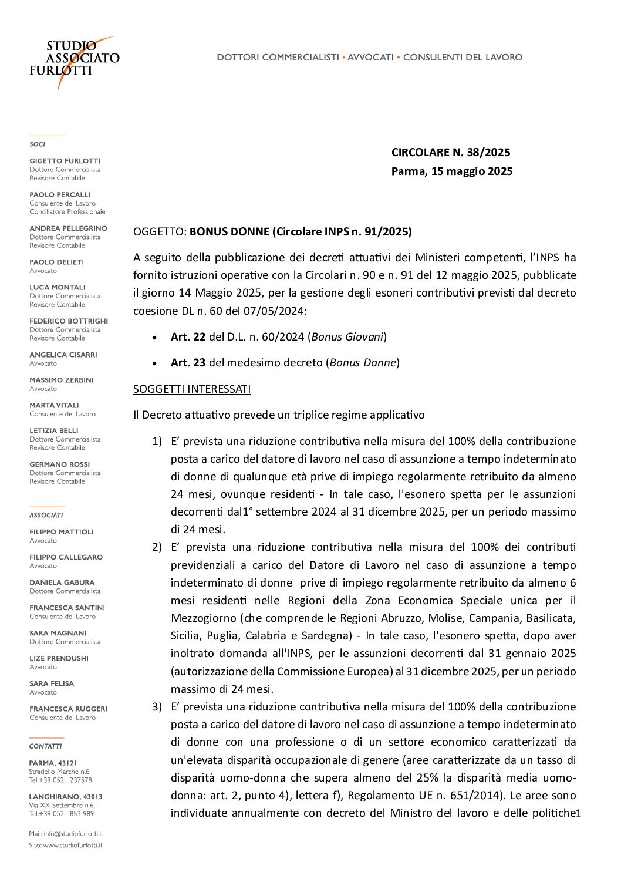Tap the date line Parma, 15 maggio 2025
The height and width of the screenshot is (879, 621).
click(451, 171)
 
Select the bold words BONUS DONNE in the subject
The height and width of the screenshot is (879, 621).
click(229, 232)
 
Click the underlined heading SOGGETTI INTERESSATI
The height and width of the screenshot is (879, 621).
click(192, 389)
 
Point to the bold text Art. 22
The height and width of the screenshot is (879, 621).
click(188, 337)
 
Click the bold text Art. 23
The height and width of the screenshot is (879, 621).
click(188, 363)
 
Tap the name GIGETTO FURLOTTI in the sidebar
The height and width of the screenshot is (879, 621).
click(65, 161)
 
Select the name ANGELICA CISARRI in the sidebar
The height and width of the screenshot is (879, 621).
click(63, 355)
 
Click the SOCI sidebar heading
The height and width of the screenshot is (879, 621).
click(37, 144)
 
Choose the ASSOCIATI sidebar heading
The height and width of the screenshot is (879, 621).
click(46, 516)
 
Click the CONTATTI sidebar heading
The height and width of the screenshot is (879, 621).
click(45, 746)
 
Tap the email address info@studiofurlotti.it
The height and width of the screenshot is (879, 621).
click(73, 834)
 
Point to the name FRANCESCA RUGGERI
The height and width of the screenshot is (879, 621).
click(68, 709)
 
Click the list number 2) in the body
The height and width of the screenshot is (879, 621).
click(157, 547)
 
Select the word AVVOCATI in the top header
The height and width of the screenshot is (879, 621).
click(370, 58)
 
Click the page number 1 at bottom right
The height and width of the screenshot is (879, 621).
click(578, 814)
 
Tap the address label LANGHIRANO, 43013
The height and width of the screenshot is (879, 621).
click(65, 797)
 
